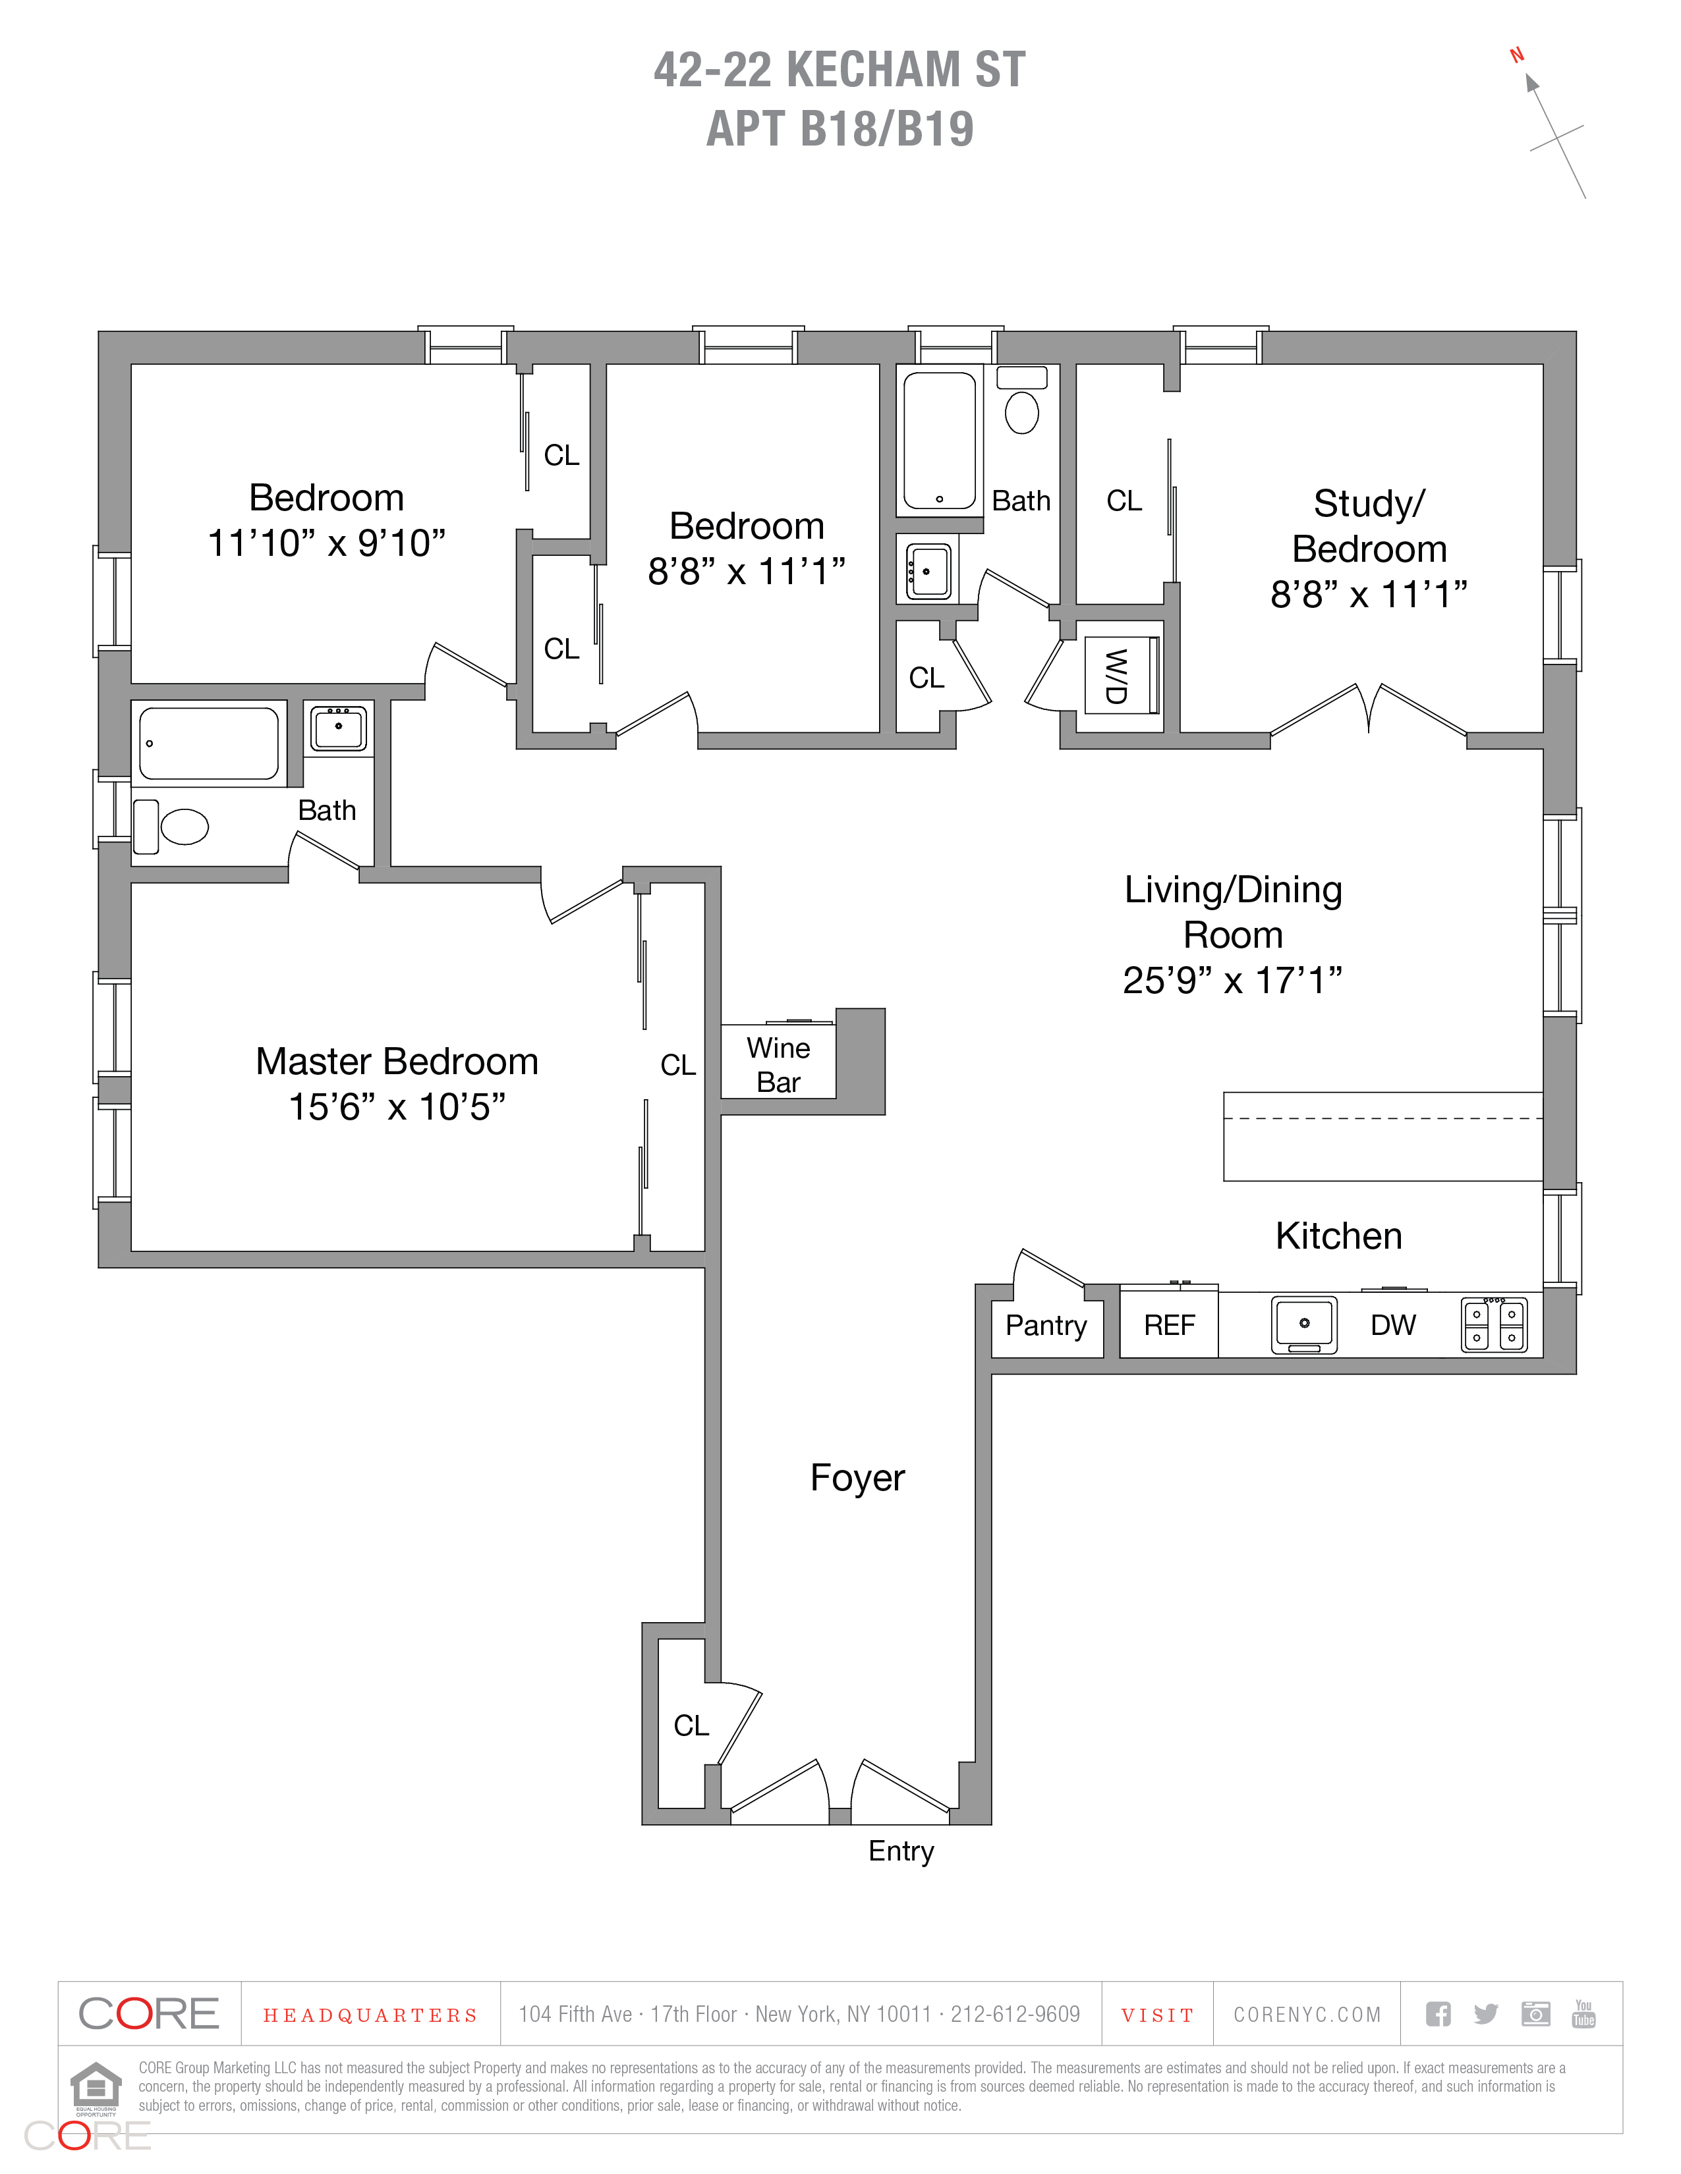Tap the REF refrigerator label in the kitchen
(1168, 1325)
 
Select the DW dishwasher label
(1392, 1325)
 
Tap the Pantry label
(1046, 1325)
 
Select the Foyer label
(857, 1478)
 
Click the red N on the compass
(1517, 56)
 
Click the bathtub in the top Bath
(939, 440)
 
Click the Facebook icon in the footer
(1438, 2015)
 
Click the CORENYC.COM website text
(1307, 2015)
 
